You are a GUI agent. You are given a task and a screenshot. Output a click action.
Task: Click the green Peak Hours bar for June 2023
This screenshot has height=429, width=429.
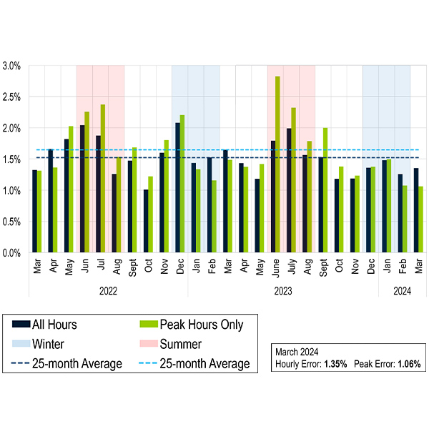[x=277, y=164]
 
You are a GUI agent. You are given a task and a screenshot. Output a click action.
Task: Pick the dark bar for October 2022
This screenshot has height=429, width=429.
[x=146, y=221]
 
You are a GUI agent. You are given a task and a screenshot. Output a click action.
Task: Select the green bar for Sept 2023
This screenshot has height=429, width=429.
[x=325, y=190]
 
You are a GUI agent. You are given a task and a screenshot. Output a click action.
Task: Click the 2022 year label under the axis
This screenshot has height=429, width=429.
[x=108, y=291]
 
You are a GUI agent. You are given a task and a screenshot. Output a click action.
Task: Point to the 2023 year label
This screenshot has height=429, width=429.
[x=283, y=291]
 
